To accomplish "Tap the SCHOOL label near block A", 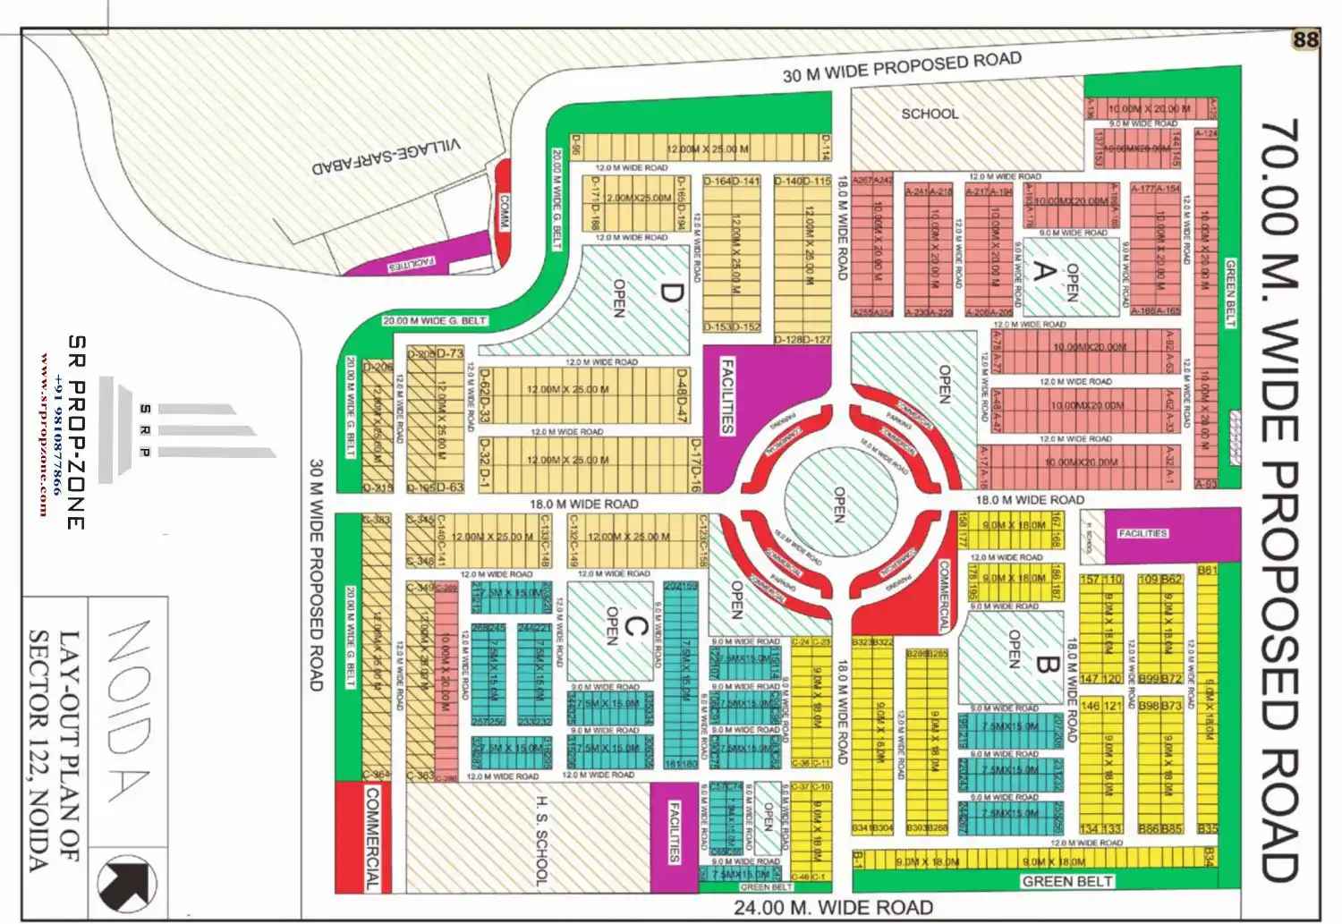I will [x=930, y=114].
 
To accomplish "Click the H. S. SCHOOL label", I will [x=540, y=840].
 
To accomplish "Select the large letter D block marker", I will [x=672, y=293].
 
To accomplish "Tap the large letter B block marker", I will [x=1048, y=665].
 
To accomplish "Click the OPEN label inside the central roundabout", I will [x=839, y=504].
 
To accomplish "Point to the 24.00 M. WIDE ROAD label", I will [x=833, y=908].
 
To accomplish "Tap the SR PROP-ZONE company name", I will [x=77, y=431].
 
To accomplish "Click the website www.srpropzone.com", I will [x=44, y=435].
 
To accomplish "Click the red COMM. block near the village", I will [x=504, y=213].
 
